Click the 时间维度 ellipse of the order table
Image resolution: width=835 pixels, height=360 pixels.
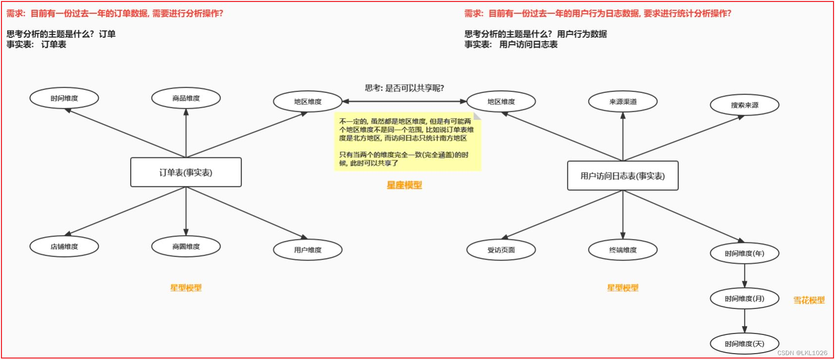coord(64,98)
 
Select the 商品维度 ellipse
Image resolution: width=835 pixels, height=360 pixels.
coord(186,98)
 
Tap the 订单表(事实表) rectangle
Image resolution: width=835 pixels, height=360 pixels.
coord(186,172)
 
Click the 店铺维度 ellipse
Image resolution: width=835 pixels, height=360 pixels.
coord(64,246)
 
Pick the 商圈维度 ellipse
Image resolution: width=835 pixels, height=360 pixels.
coord(186,246)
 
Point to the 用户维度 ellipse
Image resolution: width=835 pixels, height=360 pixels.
coord(308,250)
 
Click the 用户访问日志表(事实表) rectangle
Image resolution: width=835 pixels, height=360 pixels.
coord(623,176)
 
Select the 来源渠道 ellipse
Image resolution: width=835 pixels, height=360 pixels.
coord(623,102)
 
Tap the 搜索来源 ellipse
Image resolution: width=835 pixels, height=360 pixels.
coord(745,105)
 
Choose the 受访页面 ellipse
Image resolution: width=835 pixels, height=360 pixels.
coord(501,250)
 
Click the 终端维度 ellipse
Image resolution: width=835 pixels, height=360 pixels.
coord(623,250)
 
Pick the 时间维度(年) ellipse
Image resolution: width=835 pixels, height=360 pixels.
coord(745,253)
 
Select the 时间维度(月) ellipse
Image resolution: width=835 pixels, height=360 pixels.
coord(745,299)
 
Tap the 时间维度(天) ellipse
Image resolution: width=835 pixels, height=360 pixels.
coord(745,344)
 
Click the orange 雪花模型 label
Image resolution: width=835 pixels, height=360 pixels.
coord(809,300)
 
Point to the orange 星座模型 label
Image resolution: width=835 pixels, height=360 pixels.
coord(404,185)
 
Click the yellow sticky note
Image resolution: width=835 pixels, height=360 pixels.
coord(407,142)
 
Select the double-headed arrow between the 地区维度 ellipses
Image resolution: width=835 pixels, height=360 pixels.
coord(404,101)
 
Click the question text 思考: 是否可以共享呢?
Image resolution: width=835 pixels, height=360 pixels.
coord(404,88)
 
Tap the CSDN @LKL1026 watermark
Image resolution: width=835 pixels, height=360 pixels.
coord(803,353)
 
